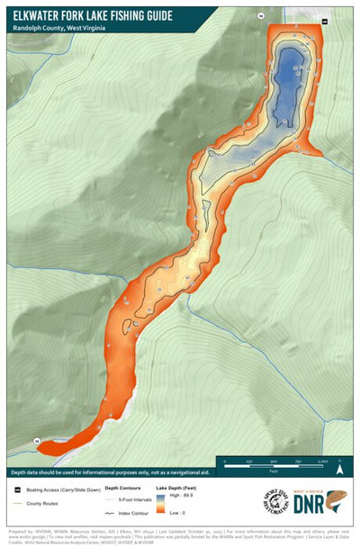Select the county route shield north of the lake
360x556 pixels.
click(x=261, y=16)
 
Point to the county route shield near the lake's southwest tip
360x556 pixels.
click(x=37, y=441)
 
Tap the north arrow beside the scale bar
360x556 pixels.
click(x=340, y=467)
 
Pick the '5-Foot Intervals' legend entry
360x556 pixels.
click(x=134, y=498)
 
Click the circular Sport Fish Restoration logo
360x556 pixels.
click(x=276, y=501)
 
